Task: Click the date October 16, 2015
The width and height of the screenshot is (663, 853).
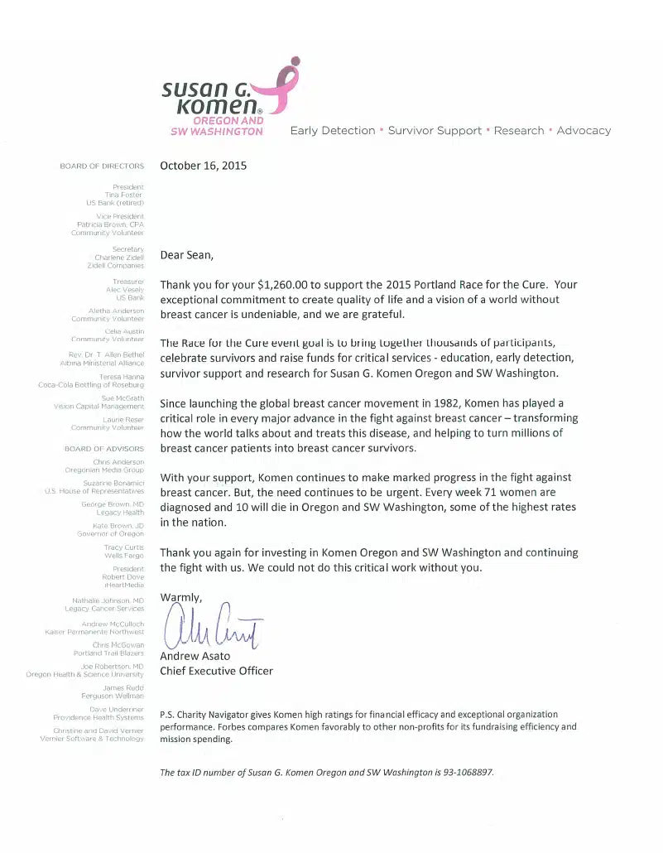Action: click(x=203, y=165)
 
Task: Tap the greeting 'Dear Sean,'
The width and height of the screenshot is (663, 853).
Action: click(x=186, y=255)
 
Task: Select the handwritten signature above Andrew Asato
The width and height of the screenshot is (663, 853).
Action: click(x=214, y=628)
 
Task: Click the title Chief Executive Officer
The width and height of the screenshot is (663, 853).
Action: click(x=216, y=671)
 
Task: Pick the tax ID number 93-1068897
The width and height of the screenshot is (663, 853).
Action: click(x=467, y=773)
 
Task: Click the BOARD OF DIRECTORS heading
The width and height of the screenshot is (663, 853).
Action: click(x=102, y=166)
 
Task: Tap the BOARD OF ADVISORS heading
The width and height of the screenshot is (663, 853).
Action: click(x=104, y=449)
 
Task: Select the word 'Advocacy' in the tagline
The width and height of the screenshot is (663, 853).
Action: click(x=584, y=130)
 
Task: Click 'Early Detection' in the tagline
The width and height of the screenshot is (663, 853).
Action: click(x=332, y=130)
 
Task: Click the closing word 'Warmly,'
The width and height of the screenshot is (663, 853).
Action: click(x=180, y=597)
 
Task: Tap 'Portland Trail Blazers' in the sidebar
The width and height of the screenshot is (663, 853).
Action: click(x=108, y=653)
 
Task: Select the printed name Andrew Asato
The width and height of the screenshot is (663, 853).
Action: click(x=195, y=656)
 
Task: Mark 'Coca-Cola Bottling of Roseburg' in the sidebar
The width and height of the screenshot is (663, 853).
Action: click(x=91, y=385)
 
